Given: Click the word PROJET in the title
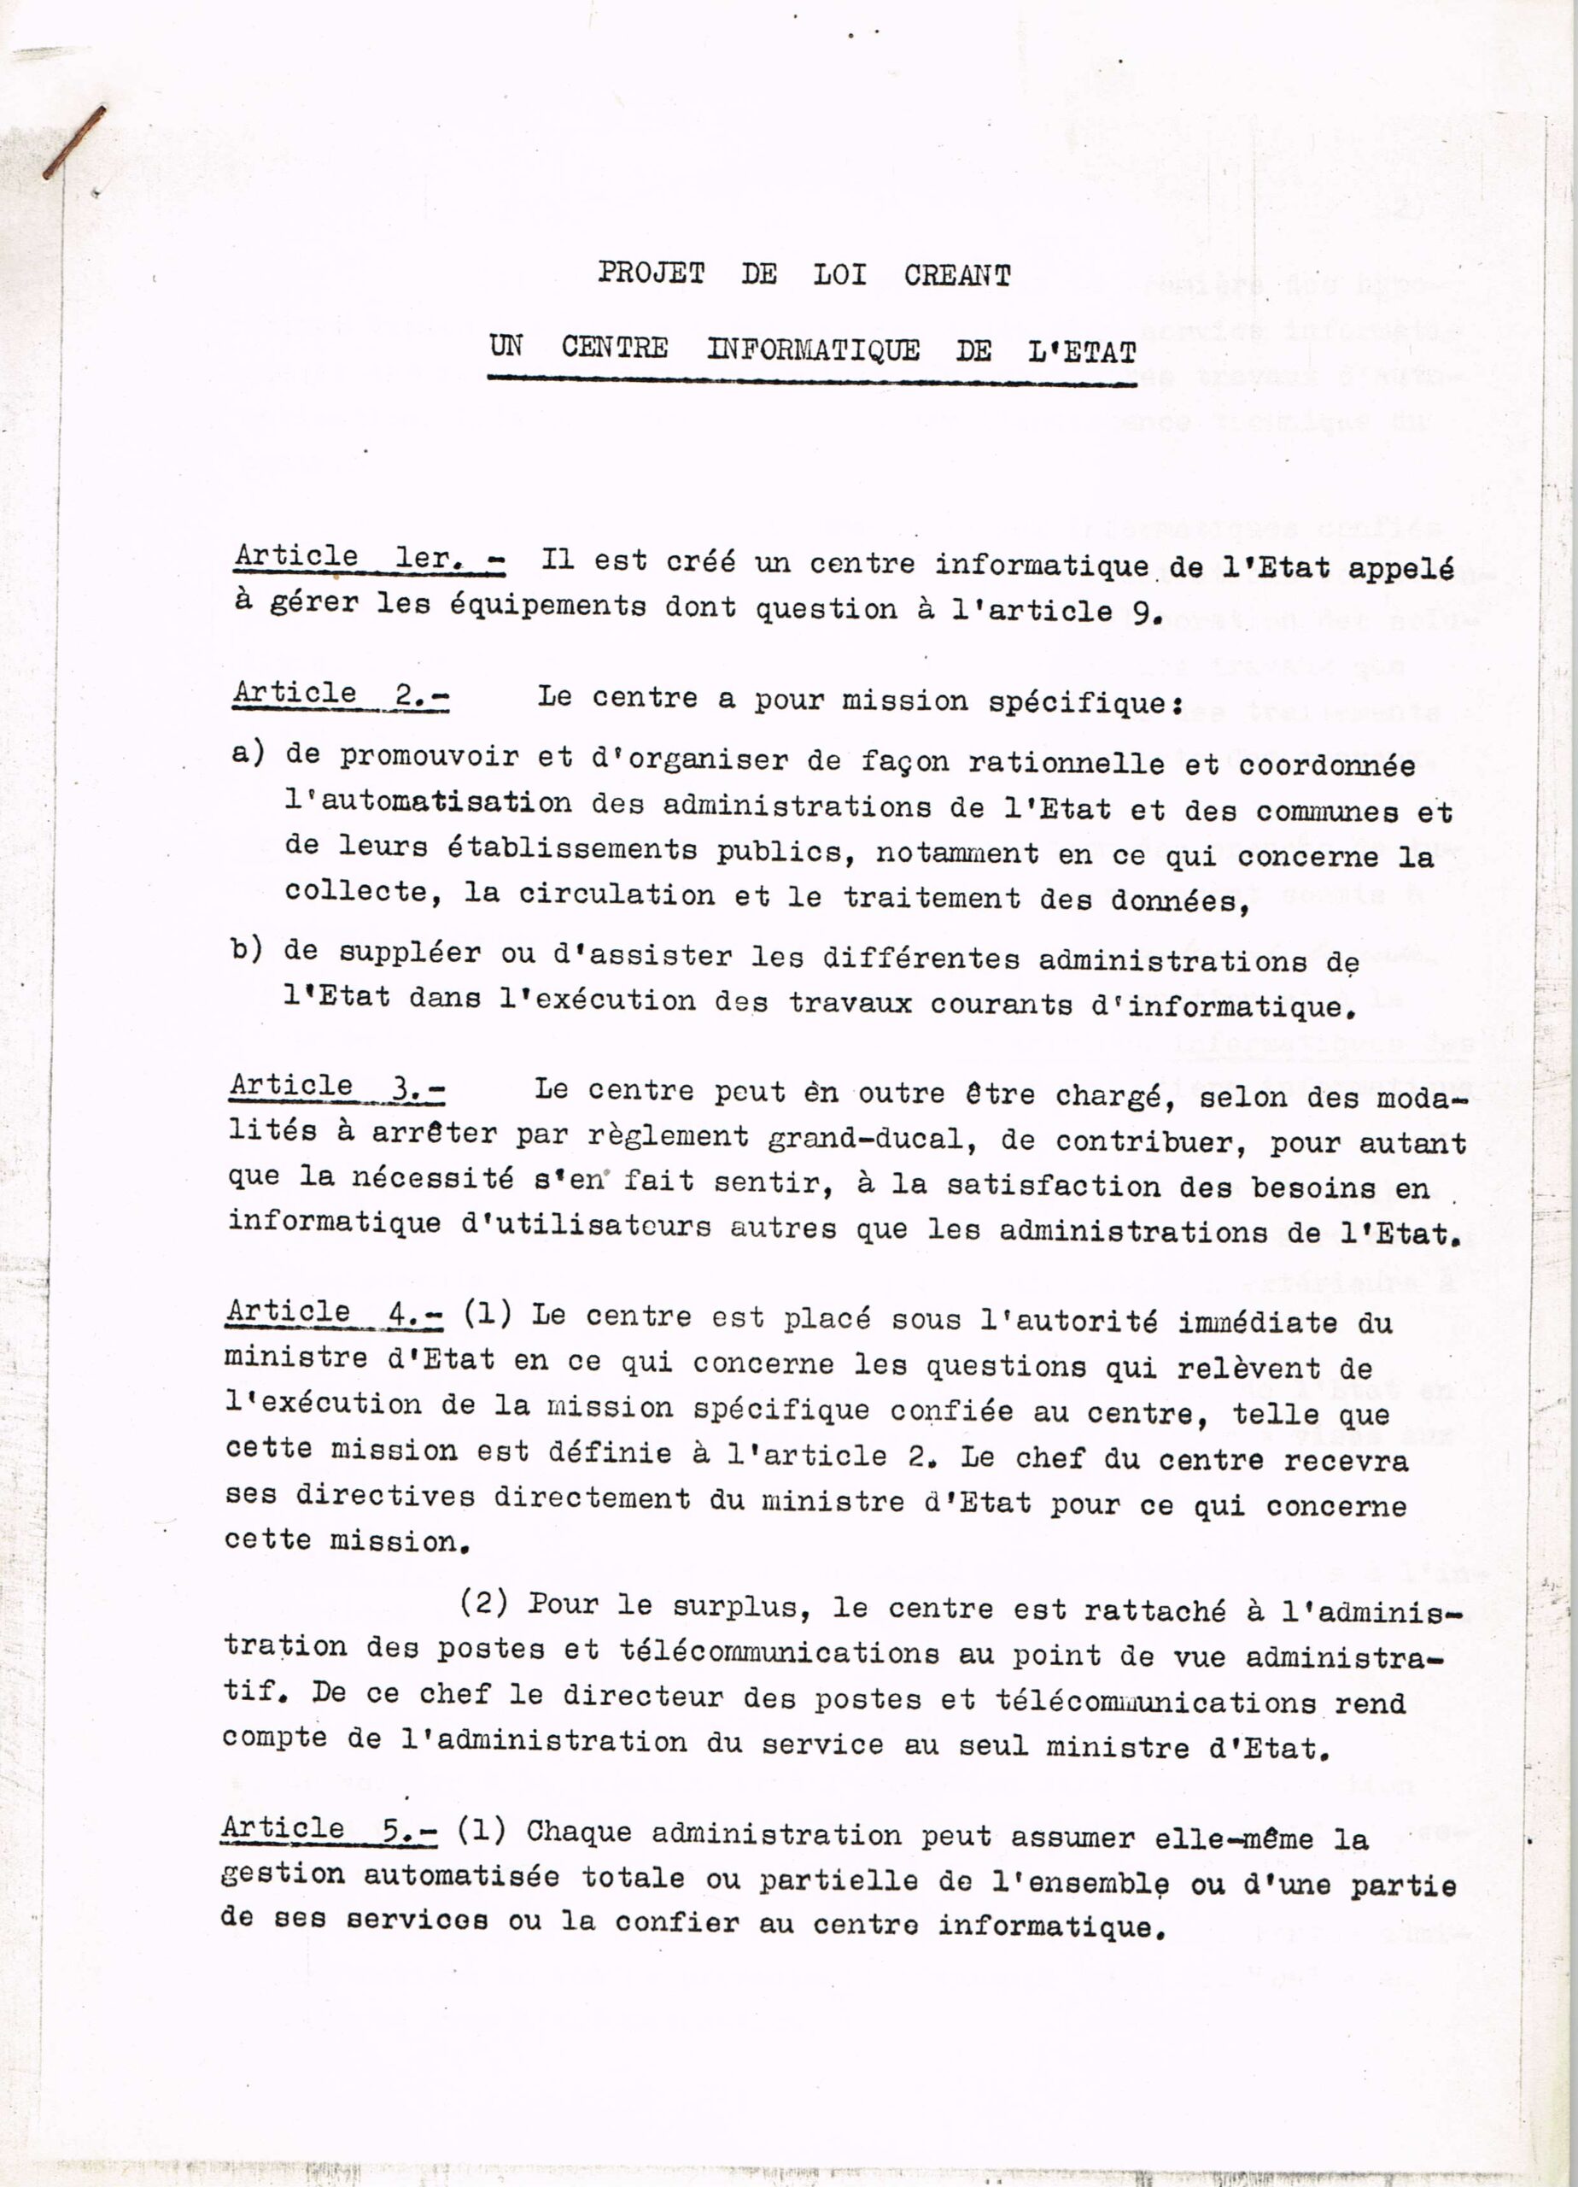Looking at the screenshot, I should click(651, 274).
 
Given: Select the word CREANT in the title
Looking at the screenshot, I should click(957, 276).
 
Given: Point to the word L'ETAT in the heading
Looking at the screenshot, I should click(1082, 352).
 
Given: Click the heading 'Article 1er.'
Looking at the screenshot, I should click(370, 559).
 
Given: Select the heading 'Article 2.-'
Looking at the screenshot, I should click(340, 694).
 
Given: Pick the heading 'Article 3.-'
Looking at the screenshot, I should click(337, 1086).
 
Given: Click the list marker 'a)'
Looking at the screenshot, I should click(248, 753).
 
